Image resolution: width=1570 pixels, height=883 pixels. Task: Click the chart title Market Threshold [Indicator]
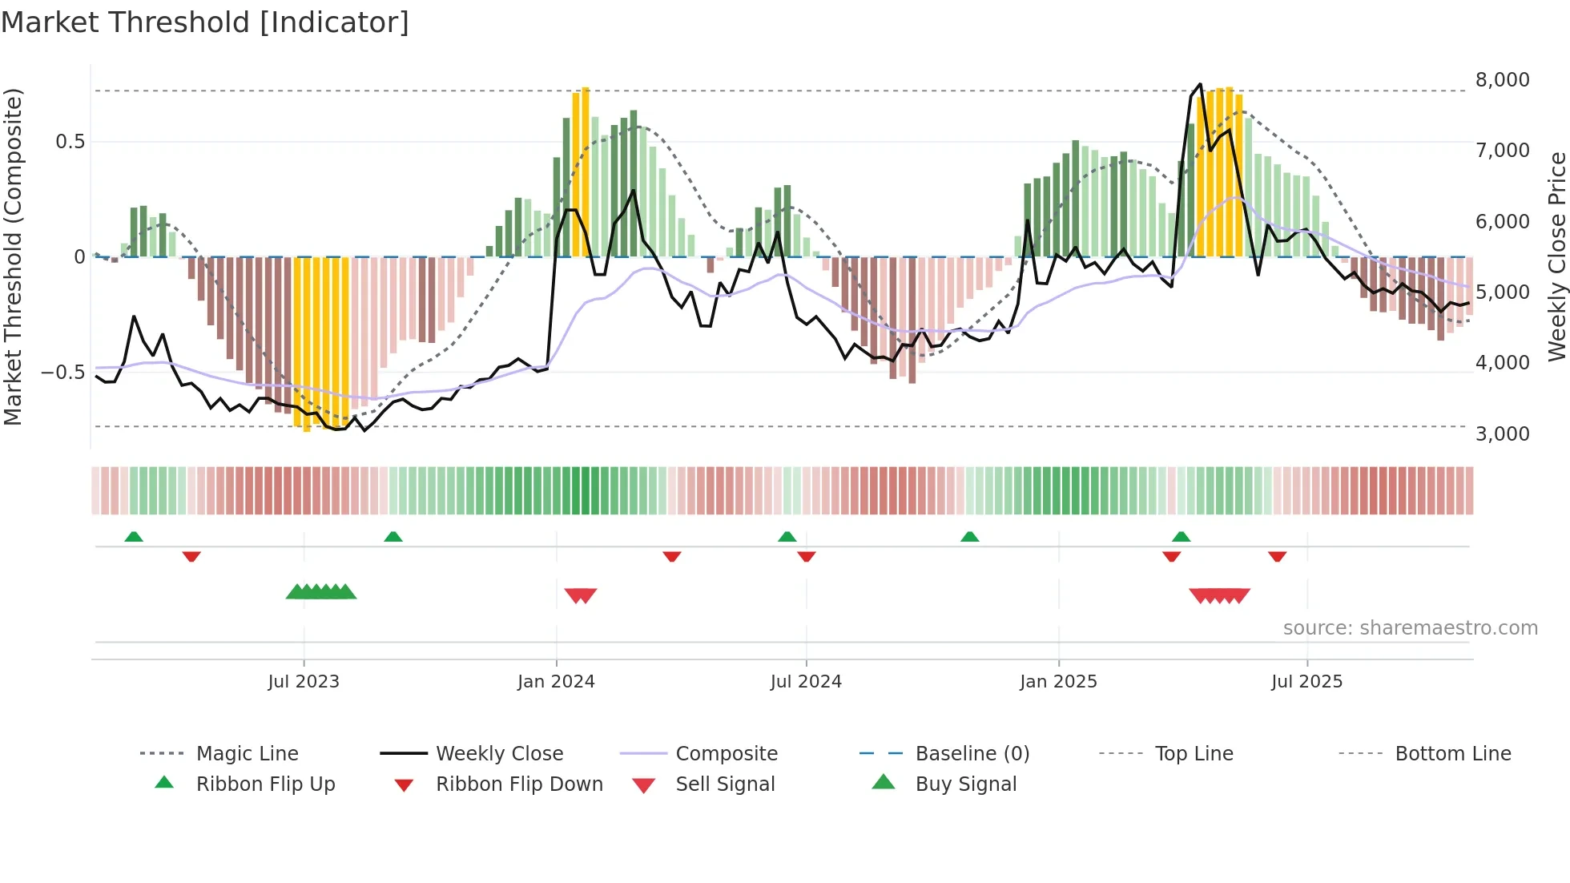[x=205, y=22]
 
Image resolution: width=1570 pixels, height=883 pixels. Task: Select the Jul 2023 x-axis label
[x=304, y=682]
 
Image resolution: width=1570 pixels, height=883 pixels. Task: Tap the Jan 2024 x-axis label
[x=556, y=682]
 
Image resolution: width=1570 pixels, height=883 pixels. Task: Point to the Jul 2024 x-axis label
[x=806, y=682]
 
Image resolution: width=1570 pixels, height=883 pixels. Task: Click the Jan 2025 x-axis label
[x=1058, y=682]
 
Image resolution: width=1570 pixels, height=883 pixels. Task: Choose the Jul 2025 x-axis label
[x=1306, y=682]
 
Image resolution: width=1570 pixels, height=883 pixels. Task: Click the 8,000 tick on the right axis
[x=1502, y=80]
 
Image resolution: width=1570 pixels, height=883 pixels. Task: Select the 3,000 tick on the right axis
[x=1502, y=434]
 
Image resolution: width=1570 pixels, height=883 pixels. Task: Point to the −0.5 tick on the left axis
[x=62, y=373]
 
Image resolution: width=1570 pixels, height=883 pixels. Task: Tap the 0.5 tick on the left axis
[x=70, y=142]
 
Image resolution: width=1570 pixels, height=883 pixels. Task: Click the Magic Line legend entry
[x=247, y=754]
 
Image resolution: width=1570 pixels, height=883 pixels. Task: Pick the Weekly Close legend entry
[x=499, y=754]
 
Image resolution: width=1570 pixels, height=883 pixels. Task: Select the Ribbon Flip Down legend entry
[x=519, y=784]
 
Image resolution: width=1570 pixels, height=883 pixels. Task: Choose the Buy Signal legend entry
[x=965, y=784]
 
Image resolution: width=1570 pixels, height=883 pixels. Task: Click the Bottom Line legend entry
[x=1452, y=754]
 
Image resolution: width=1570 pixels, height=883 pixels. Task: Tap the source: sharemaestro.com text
[x=1410, y=628]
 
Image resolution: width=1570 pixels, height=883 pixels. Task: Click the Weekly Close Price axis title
[x=1556, y=256]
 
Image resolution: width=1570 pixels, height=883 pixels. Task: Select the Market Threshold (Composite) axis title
[x=13, y=256]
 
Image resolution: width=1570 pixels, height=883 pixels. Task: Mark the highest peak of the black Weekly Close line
[x=1200, y=84]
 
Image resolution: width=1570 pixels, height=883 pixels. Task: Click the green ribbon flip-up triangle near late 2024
[x=969, y=537]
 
